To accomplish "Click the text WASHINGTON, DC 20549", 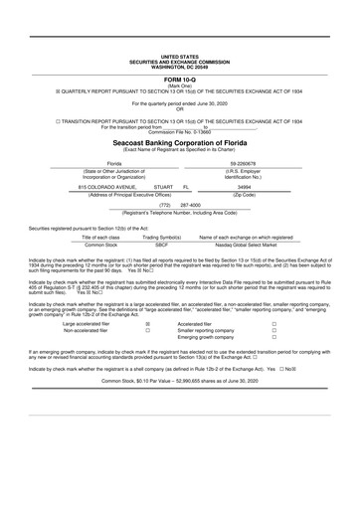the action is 179,67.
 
